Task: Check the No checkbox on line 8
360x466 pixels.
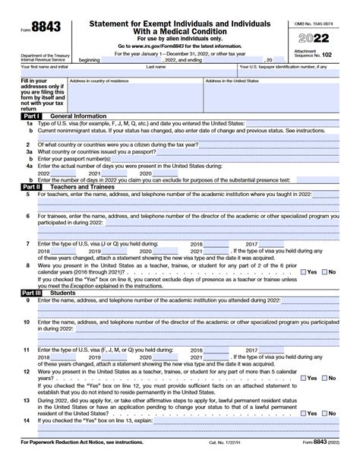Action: pyautogui.click(x=324, y=271)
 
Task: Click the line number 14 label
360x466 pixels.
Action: pyautogui.click(x=27, y=420)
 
